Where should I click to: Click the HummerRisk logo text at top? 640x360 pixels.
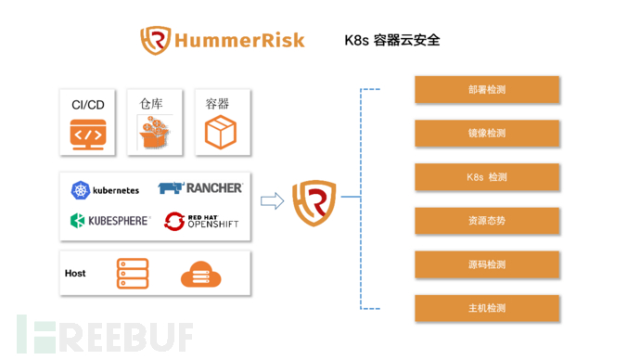(x=239, y=40)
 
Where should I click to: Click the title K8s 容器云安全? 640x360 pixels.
(x=392, y=40)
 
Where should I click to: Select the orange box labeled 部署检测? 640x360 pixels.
(x=487, y=90)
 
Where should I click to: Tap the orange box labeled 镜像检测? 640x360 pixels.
(x=487, y=133)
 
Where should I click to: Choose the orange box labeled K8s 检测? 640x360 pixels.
(x=487, y=176)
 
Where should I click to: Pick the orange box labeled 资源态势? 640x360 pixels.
(x=487, y=221)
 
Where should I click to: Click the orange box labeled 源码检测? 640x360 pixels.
(x=487, y=264)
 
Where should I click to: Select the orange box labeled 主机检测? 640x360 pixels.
(x=487, y=308)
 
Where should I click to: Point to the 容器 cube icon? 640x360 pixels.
(x=220, y=133)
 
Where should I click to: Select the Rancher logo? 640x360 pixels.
(x=200, y=188)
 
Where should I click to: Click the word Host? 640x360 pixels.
(x=75, y=274)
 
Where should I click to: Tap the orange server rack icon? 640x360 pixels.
(x=132, y=274)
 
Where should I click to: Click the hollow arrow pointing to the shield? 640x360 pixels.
(x=272, y=200)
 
